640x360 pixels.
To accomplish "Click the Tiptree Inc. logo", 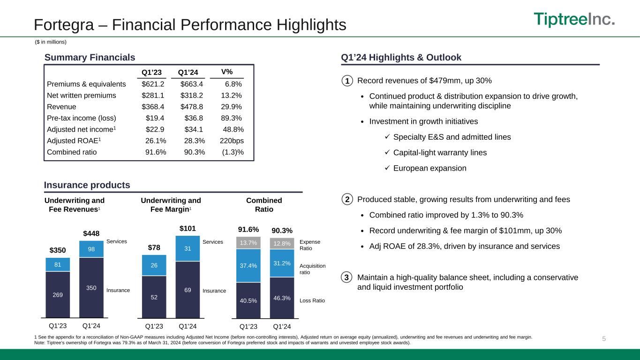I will point(574,20).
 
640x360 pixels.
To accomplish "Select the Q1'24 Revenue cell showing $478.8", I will point(192,106).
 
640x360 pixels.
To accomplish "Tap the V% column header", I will point(227,72).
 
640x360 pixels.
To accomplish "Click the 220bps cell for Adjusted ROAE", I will point(232,140).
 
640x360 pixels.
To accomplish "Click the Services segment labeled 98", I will point(91,248).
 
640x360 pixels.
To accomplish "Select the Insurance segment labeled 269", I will point(58,294).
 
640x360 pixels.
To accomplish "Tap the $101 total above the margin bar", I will point(188,228).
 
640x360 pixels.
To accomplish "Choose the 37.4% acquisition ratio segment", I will point(248,265).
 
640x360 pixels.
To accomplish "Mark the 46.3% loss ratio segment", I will point(282,297).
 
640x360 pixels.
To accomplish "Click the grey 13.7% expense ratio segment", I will point(248,243).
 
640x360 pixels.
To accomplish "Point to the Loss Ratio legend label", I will point(312,300).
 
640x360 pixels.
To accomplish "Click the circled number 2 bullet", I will point(346,200).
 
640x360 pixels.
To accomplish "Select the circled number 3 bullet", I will point(346,277).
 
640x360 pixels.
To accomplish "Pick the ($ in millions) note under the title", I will point(51,42).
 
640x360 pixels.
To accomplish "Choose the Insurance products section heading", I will point(87,185).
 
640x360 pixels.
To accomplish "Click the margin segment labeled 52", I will point(154,297).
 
